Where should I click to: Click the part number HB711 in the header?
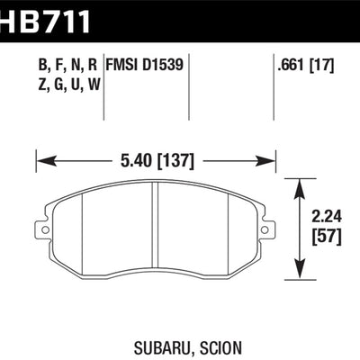pyautogui.click(x=45, y=16)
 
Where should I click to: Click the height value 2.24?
pyautogui.click(x=321, y=215)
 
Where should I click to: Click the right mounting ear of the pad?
pyautogui.click(x=267, y=228)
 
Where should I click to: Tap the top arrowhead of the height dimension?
pyautogui.click(x=300, y=183)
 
